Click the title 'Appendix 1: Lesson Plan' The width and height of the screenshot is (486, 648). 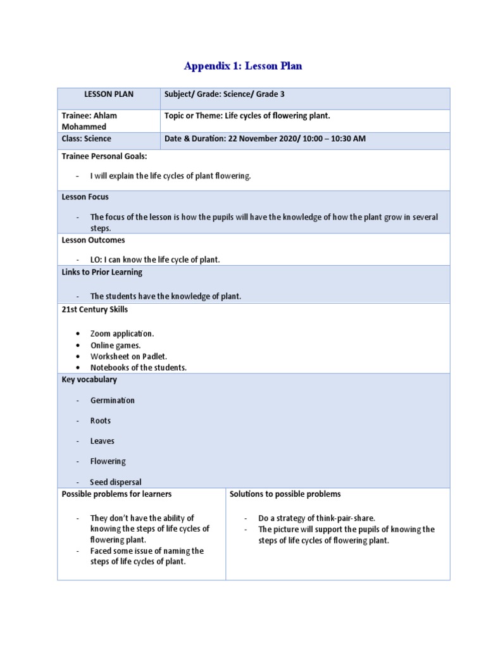coord(243,66)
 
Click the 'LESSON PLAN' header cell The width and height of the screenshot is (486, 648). coord(109,94)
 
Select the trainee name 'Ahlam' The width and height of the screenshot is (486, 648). coord(104,116)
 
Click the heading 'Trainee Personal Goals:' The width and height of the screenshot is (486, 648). coord(104,156)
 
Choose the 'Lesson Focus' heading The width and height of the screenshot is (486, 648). coord(85,197)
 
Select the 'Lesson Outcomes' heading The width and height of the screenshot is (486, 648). coord(93,240)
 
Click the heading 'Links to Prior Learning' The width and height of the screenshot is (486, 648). coord(102,272)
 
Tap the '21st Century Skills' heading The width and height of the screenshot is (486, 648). coord(94,309)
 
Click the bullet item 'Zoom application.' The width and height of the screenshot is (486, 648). coord(122,333)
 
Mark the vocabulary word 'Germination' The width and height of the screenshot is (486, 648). coord(112,401)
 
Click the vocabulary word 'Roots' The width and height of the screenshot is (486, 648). coord(101,421)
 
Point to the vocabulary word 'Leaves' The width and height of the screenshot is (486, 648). coord(103,441)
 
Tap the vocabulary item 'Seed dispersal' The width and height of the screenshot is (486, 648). coord(115,482)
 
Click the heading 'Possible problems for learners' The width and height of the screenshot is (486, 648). coord(116,494)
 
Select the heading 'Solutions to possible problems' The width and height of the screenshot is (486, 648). coord(285,494)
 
